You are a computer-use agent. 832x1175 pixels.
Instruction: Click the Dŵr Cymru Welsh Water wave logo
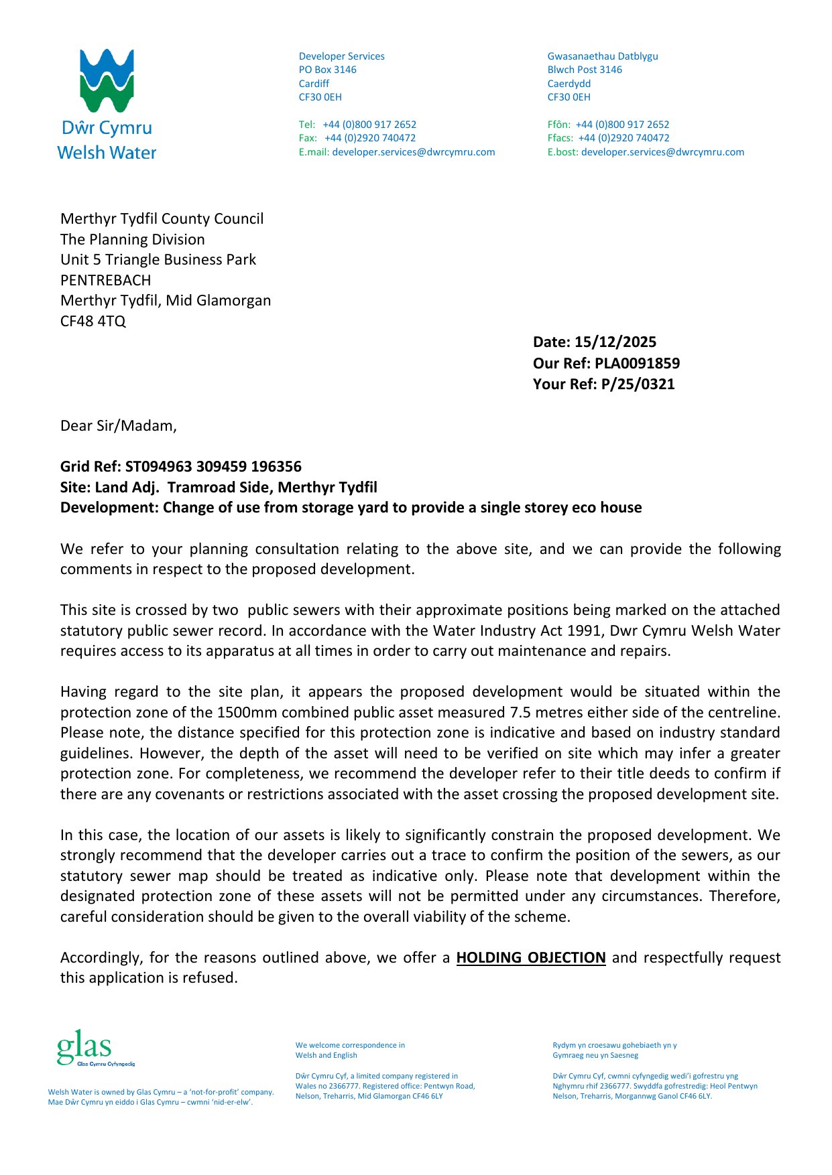tap(107, 80)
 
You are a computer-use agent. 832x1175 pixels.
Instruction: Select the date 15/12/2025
tap(615, 342)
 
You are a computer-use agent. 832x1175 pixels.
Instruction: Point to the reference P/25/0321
tap(638, 384)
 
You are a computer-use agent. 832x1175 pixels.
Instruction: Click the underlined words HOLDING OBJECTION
tap(530, 957)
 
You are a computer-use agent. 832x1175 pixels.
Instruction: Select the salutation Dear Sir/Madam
tap(118, 426)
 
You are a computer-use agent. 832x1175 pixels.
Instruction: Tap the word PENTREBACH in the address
tap(106, 280)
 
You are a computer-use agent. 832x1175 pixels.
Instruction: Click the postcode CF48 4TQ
tap(93, 321)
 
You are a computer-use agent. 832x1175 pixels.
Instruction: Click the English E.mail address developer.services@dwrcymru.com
tap(413, 152)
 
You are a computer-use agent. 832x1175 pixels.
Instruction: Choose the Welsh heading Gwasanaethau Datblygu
tap(602, 56)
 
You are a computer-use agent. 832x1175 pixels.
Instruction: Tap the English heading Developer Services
tap(341, 56)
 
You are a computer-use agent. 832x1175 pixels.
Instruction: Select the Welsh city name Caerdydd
tap(569, 84)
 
